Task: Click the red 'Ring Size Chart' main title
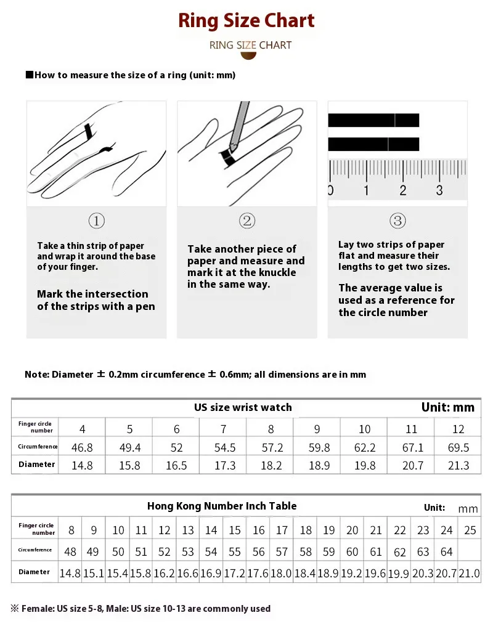246,20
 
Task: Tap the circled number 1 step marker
97,221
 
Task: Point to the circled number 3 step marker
397,221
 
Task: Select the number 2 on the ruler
403,190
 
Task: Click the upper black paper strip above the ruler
373,120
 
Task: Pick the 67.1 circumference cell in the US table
411,448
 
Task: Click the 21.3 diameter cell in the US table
458,466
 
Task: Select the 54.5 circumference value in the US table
223,448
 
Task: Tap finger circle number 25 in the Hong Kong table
470,530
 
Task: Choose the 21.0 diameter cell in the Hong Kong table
470,574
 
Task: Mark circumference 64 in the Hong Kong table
447,551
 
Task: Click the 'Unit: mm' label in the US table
448,407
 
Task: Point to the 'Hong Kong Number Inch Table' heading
222,506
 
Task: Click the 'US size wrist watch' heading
243,407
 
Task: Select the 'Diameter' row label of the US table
37,465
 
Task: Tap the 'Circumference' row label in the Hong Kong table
35,550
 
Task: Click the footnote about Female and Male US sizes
141,609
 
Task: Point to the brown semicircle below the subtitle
248,55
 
